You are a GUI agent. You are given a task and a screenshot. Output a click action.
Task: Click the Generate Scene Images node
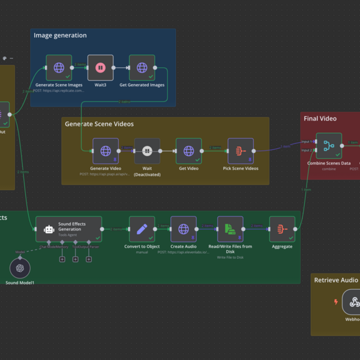point(59,68)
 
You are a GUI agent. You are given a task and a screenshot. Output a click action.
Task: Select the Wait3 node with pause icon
point(100,68)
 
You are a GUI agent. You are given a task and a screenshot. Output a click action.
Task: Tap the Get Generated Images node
point(142,68)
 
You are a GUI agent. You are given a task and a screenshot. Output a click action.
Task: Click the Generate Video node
point(106,151)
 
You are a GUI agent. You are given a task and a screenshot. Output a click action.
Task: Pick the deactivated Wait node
point(147,151)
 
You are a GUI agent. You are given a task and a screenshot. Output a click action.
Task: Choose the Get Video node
point(188,151)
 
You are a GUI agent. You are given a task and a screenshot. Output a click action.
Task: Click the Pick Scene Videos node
point(241,151)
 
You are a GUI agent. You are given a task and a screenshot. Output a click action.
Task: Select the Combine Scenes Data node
point(329,145)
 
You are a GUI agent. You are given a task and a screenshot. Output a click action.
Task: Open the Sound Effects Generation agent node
point(68,229)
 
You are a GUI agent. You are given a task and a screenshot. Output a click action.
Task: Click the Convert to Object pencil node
point(142,229)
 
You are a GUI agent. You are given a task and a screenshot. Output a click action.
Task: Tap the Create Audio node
point(184,229)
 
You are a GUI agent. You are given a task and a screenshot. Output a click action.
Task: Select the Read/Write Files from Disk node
point(230,229)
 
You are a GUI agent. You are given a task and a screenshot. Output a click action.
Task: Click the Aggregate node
point(282,229)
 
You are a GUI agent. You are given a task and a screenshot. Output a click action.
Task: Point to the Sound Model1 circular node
point(20,268)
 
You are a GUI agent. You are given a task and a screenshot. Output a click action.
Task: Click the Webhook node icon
point(354,302)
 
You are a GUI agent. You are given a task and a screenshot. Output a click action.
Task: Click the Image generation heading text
point(60,35)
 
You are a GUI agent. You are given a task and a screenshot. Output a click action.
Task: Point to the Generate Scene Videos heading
point(99,124)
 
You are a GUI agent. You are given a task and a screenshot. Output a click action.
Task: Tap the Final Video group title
point(320,119)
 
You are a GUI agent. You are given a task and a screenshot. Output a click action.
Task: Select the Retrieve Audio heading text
point(336,280)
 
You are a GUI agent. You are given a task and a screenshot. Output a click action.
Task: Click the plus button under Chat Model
point(62,259)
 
